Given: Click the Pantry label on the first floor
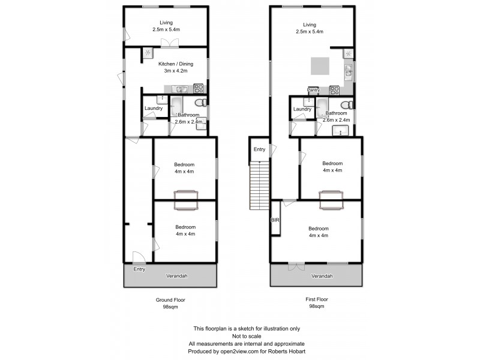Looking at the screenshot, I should click(313, 90).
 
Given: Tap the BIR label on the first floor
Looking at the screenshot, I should click(275, 221).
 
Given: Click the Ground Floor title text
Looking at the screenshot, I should click(169, 299).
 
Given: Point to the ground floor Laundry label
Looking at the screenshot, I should click(153, 109).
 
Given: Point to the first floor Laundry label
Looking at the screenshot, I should click(302, 109).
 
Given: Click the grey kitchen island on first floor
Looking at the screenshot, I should click(320, 65).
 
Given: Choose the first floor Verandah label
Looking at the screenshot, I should click(322, 276).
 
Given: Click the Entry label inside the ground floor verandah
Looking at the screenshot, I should click(139, 269).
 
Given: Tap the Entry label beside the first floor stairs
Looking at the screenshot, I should click(259, 149).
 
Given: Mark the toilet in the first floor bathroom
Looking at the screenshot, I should click(351, 105).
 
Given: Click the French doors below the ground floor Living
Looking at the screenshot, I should click(170, 43).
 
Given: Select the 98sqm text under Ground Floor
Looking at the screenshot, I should click(169, 307).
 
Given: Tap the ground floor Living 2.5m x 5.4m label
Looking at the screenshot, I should click(166, 26).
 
